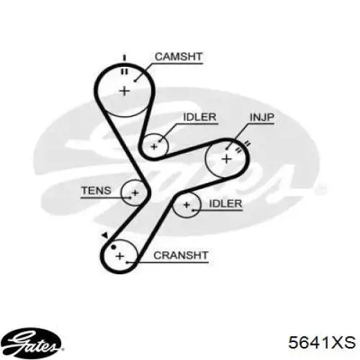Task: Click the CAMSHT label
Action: pos(179,57)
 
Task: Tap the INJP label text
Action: pos(262,117)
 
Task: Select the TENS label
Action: pos(96,191)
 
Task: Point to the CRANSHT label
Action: pos(181,256)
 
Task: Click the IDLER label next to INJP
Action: pos(199,117)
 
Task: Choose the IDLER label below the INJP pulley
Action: pos(225,204)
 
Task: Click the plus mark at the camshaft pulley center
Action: pos(125,91)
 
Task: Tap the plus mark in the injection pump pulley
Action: pos(227,159)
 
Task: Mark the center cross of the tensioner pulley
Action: pos(135,193)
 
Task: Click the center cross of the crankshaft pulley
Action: pos(120,256)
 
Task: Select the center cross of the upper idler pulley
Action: pos(154,146)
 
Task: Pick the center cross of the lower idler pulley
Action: pos(186,204)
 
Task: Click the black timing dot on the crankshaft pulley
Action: pos(113,247)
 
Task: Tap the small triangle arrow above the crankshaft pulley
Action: pos(104,235)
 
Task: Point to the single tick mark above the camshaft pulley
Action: pos(125,58)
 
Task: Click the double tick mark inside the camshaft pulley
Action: pos(125,71)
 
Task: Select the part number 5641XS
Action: pos(322,342)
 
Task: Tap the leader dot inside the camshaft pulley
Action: pos(135,81)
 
